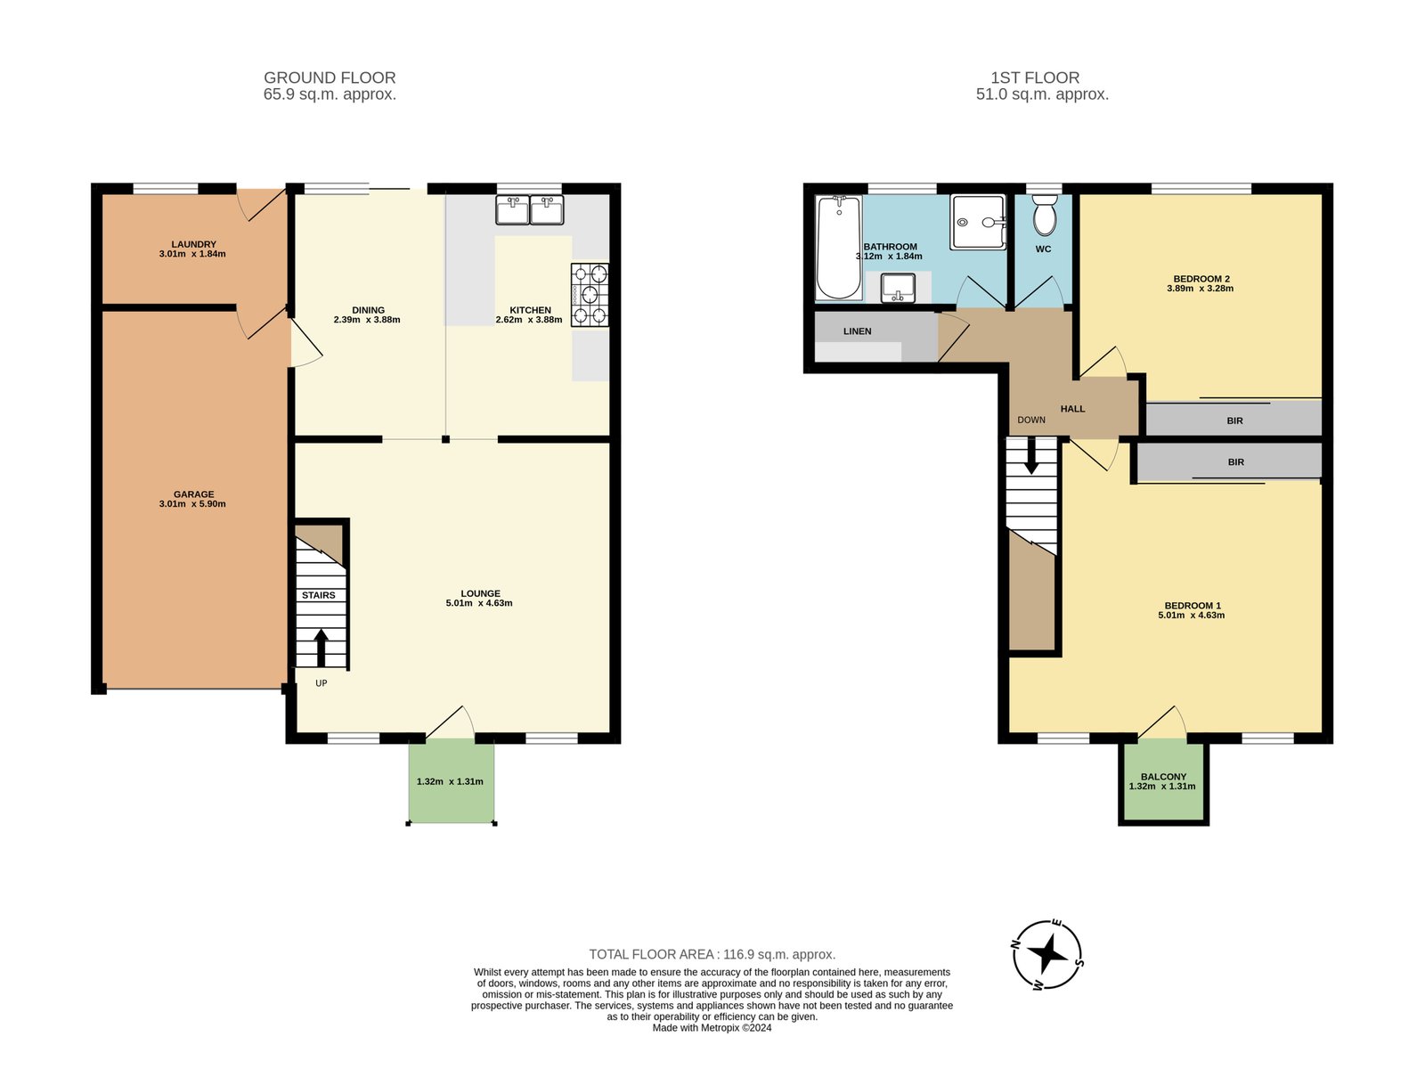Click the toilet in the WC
(x=1044, y=216)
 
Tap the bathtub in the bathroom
(x=839, y=248)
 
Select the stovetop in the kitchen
(x=590, y=295)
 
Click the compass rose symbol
(x=1047, y=955)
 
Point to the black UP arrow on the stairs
(x=321, y=647)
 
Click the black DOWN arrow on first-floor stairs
(x=1031, y=457)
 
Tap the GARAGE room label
(x=193, y=494)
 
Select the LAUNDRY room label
(x=193, y=244)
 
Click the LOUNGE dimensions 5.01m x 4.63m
(x=479, y=603)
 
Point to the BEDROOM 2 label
(x=1201, y=279)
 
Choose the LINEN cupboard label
(x=857, y=331)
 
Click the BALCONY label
(x=1163, y=776)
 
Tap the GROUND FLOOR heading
(x=330, y=78)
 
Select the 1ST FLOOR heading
(x=1035, y=78)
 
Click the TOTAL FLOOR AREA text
(x=712, y=954)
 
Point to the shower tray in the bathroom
(x=978, y=222)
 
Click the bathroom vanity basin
(x=898, y=288)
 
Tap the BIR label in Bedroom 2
(x=1234, y=420)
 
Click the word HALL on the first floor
(x=1072, y=409)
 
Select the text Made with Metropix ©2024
(x=712, y=1027)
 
